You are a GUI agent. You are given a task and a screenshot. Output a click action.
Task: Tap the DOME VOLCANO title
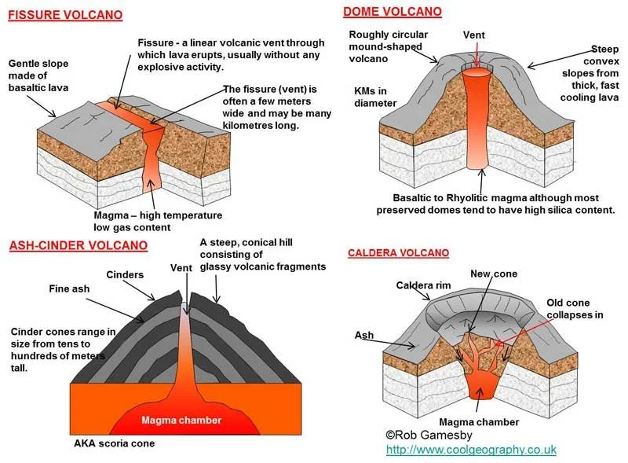[392, 11]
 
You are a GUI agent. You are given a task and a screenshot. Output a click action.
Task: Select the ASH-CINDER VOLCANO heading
[78, 245]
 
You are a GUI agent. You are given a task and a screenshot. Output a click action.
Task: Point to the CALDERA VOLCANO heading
[398, 253]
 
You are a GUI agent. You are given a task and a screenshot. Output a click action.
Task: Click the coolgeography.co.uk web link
[471, 450]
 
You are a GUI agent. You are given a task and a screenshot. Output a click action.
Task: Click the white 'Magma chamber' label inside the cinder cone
[181, 421]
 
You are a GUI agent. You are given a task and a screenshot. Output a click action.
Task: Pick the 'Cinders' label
[125, 274]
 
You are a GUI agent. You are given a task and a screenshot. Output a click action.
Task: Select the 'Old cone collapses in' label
[574, 309]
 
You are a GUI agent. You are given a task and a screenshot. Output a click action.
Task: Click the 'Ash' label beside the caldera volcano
[363, 334]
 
